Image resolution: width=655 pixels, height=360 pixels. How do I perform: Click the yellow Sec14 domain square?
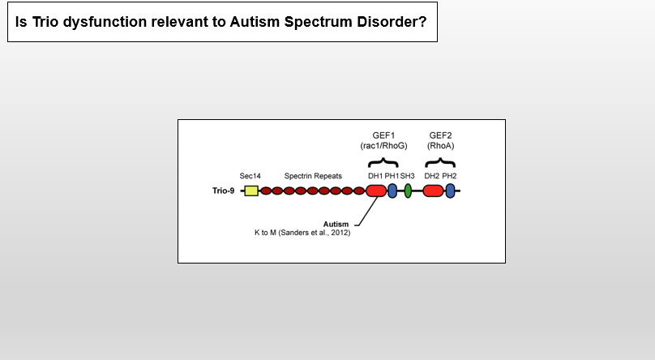click(251, 191)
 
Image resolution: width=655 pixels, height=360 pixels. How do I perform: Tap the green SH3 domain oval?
click(408, 191)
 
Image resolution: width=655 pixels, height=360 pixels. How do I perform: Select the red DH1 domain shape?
click(376, 191)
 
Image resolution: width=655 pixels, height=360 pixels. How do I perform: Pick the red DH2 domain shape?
click(433, 191)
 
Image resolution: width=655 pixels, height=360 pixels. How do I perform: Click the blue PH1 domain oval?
click(392, 191)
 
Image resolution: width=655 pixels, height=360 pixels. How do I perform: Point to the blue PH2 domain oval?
click(450, 191)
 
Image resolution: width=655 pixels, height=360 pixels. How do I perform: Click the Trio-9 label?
click(223, 191)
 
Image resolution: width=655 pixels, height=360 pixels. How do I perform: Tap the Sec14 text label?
click(250, 176)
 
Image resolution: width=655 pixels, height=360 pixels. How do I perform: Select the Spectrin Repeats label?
click(313, 176)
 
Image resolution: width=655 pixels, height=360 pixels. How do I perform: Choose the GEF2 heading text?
click(441, 135)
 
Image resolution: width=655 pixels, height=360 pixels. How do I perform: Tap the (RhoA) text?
click(441, 145)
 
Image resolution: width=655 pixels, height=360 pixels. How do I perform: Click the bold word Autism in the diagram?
click(336, 224)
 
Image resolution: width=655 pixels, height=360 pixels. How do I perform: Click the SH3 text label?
click(408, 176)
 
